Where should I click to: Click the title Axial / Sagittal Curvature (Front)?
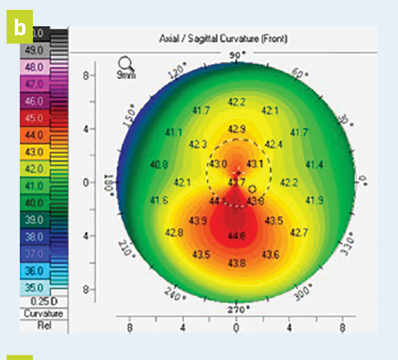pos(228,39)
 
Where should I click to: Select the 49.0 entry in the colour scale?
pos(35,51)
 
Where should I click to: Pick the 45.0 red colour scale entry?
pos(35,118)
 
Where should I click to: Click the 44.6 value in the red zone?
pos(237,237)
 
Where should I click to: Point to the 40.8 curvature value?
pos(158,165)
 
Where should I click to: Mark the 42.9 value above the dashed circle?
pos(237,129)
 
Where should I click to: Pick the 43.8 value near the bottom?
pos(237,263)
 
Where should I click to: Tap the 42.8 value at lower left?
pos(174,233)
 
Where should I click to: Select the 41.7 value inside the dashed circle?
pos(237,181)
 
